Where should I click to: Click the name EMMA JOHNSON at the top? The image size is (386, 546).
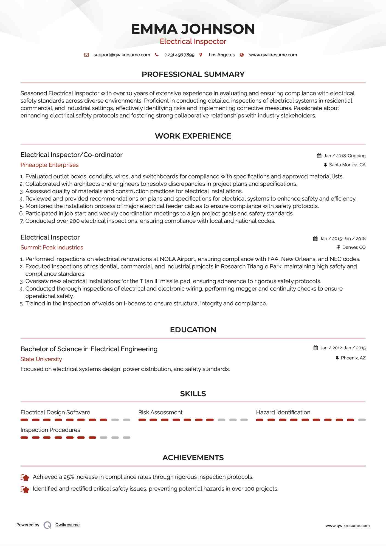(x=193, y=29)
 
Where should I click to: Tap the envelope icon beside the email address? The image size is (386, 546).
(x=86, y=55)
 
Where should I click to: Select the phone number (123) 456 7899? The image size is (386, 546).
(x=179, y=55)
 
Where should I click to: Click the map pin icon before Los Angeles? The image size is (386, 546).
(x=201, y=55)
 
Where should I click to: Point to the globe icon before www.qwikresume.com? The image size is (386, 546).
(x=242, y=55)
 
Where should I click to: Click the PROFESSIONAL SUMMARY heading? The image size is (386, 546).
(x=193, y=74)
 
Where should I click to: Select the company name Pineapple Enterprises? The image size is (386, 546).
(x=49, y=165)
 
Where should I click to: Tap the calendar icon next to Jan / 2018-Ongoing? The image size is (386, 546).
(x=319, y=156)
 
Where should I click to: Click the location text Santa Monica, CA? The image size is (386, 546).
(x=347, y=165)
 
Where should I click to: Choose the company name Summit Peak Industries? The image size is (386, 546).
(x=52, y=247)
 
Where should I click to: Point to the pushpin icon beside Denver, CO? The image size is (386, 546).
(x=339, y=247)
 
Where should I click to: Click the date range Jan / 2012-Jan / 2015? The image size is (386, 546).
(x=343, y=348)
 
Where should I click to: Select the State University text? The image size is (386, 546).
(x=41, y=359)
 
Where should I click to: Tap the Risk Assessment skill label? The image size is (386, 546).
(x=160, y=412)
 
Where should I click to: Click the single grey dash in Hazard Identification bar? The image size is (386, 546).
(x=362, y=420)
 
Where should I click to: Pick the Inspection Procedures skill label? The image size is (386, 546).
(x=50, y=430)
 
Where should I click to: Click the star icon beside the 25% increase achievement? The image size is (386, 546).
(x=25, y=478)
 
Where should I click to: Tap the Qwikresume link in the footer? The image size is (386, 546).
(x=67, y=525)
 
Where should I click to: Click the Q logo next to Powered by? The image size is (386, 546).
(x=47, y=525)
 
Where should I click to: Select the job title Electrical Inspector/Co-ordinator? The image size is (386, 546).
(x=71, y=155)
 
